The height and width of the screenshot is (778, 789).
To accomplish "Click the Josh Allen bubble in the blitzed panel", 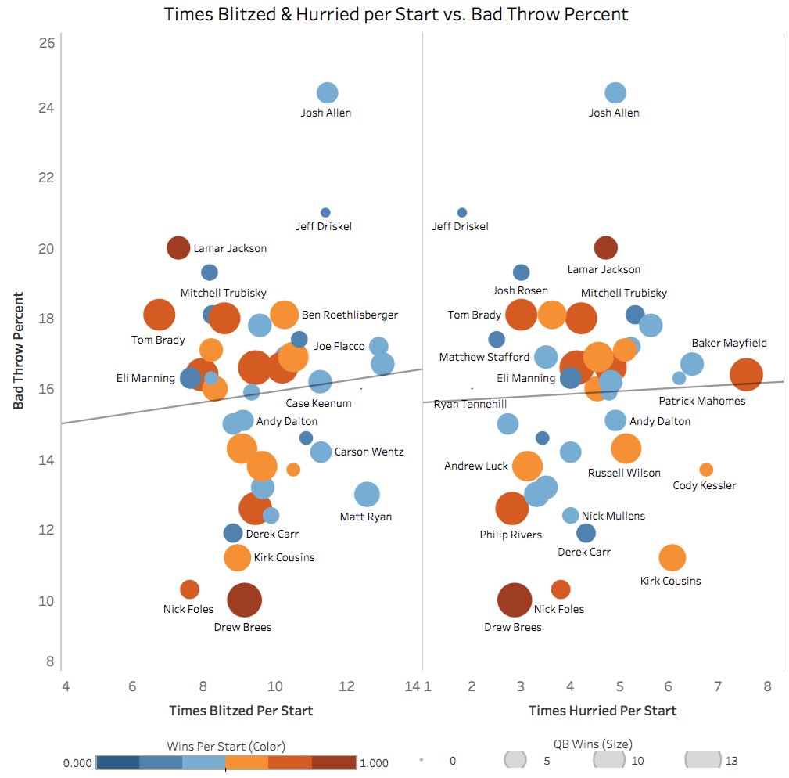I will coord(328,92).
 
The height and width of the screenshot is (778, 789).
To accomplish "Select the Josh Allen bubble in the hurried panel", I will coord(615,92).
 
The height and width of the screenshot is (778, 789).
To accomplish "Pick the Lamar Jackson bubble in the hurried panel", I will coord(605,248).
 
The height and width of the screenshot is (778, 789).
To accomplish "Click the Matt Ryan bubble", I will coord(367,494).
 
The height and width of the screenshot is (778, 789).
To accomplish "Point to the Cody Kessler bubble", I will coord(706,470).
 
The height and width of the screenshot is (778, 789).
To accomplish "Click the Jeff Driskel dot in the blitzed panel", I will coord(325,213).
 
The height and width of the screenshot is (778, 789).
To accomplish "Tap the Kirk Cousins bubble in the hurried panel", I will coord(672,557).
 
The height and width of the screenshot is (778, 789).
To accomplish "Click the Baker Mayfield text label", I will coord(729,343).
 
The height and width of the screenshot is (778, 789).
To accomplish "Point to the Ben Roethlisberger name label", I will coord(350,315).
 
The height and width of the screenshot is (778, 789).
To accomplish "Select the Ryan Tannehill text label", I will coord(470,404).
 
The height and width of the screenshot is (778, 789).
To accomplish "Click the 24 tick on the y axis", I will coord(47,107).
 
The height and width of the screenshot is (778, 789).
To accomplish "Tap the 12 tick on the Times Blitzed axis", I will coord(347,686).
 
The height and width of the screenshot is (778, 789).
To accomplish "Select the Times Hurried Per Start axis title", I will coord(602,711).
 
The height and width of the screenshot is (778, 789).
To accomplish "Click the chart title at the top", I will coord(396,14).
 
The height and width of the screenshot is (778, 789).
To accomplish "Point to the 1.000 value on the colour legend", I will coord(374,762).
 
